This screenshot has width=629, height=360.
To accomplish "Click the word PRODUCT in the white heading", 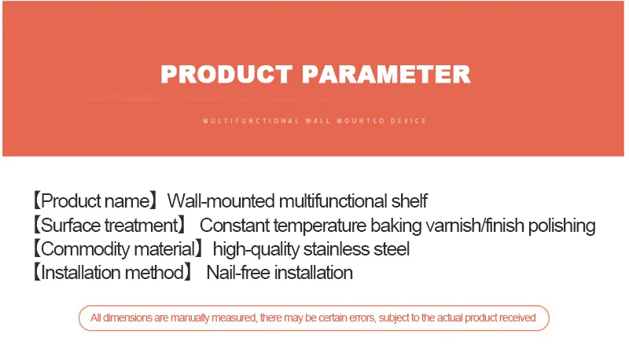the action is [x=226, y=74].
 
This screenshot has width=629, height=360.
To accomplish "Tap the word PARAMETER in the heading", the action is [x=386, y=74].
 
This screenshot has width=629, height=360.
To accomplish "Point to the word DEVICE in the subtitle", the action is [x=408, y=121].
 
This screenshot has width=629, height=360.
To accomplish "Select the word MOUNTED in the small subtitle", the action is [x=361, y=121].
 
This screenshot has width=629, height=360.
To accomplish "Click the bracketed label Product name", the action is [x=94, y=201].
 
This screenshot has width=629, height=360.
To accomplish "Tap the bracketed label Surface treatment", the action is [x=109, y=226].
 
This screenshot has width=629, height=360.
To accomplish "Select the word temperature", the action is [x=321, y=226].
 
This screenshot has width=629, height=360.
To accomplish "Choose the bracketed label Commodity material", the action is [x=118, y=249].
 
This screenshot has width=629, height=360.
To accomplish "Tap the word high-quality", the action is [x=256, y=250].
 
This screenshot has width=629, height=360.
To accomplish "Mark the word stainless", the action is [x=337, y=249].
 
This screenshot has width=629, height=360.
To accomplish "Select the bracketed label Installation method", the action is [x=112, y=273].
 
